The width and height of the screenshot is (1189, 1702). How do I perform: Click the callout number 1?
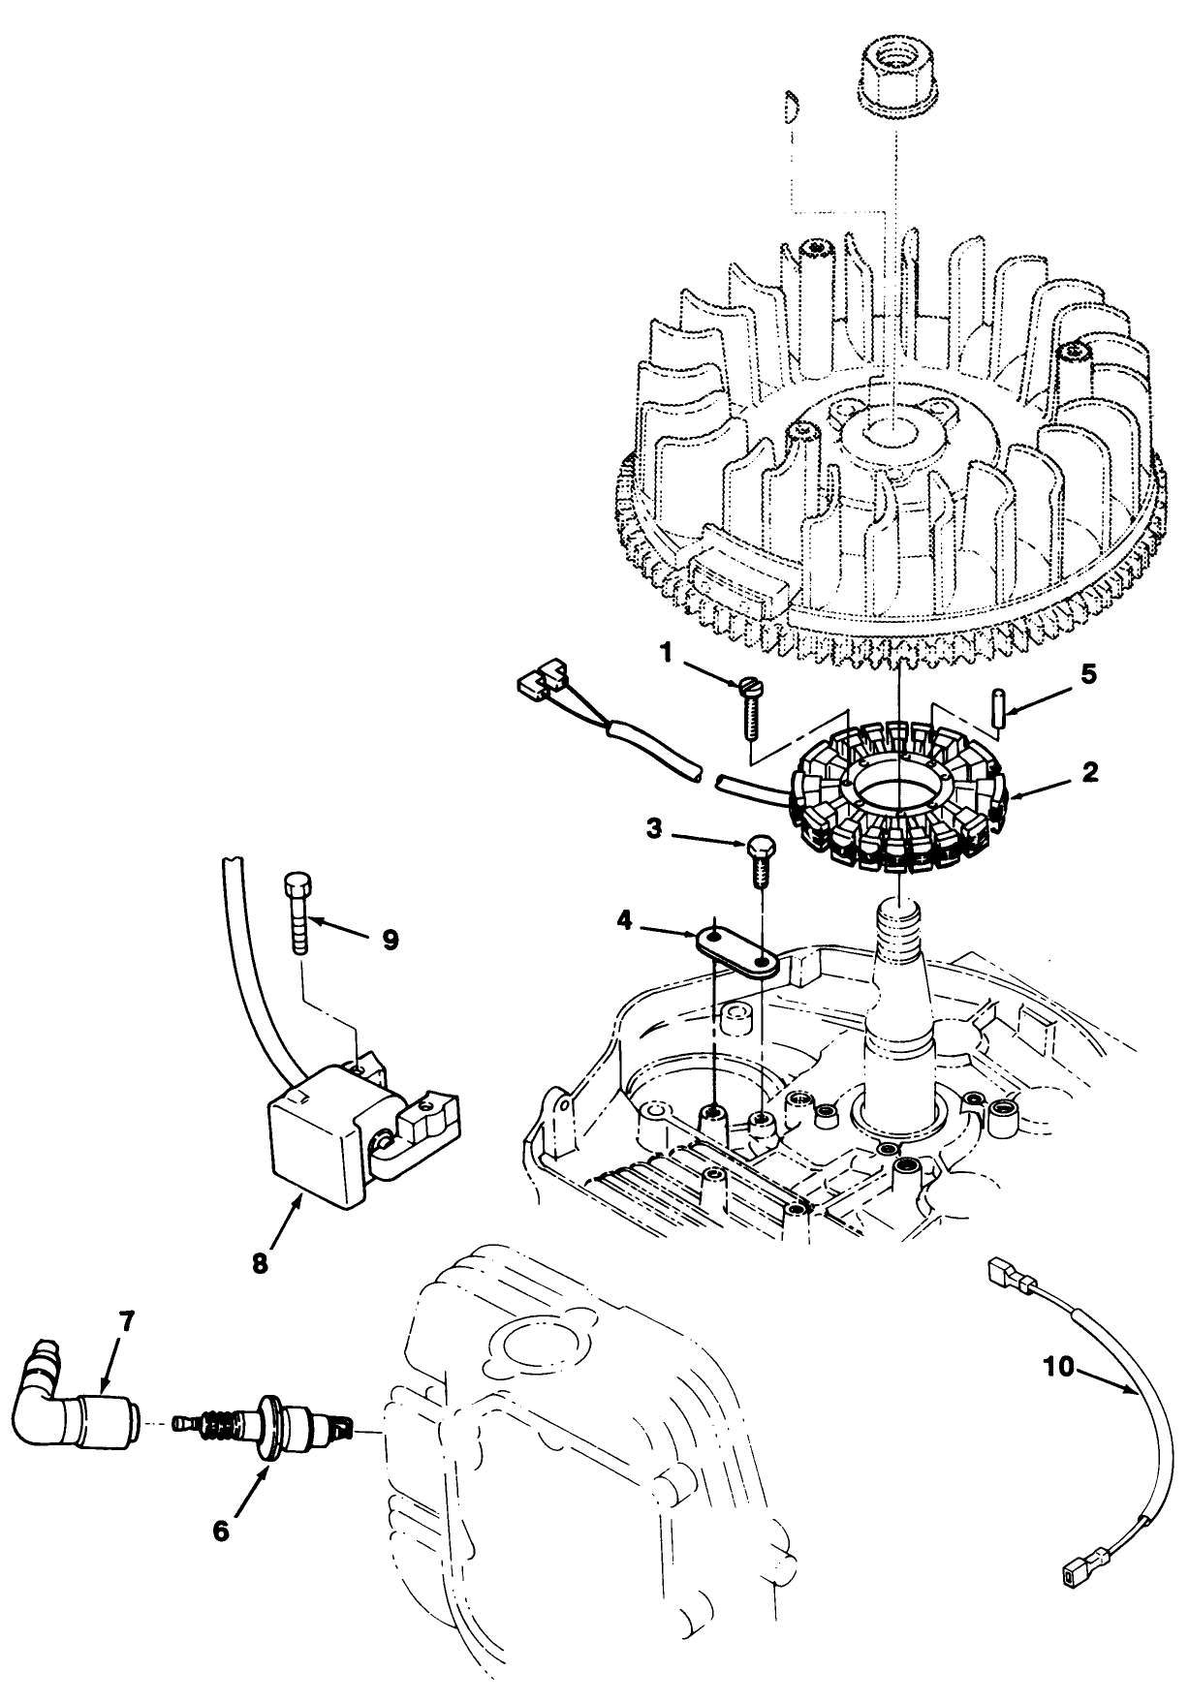tap(667, 654)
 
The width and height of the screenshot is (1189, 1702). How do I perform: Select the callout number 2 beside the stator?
tap(1089, 772)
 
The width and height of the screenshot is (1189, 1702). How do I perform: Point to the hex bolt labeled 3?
tap(759, 858)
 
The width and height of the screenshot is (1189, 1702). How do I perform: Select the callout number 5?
tap(1088, 673)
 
